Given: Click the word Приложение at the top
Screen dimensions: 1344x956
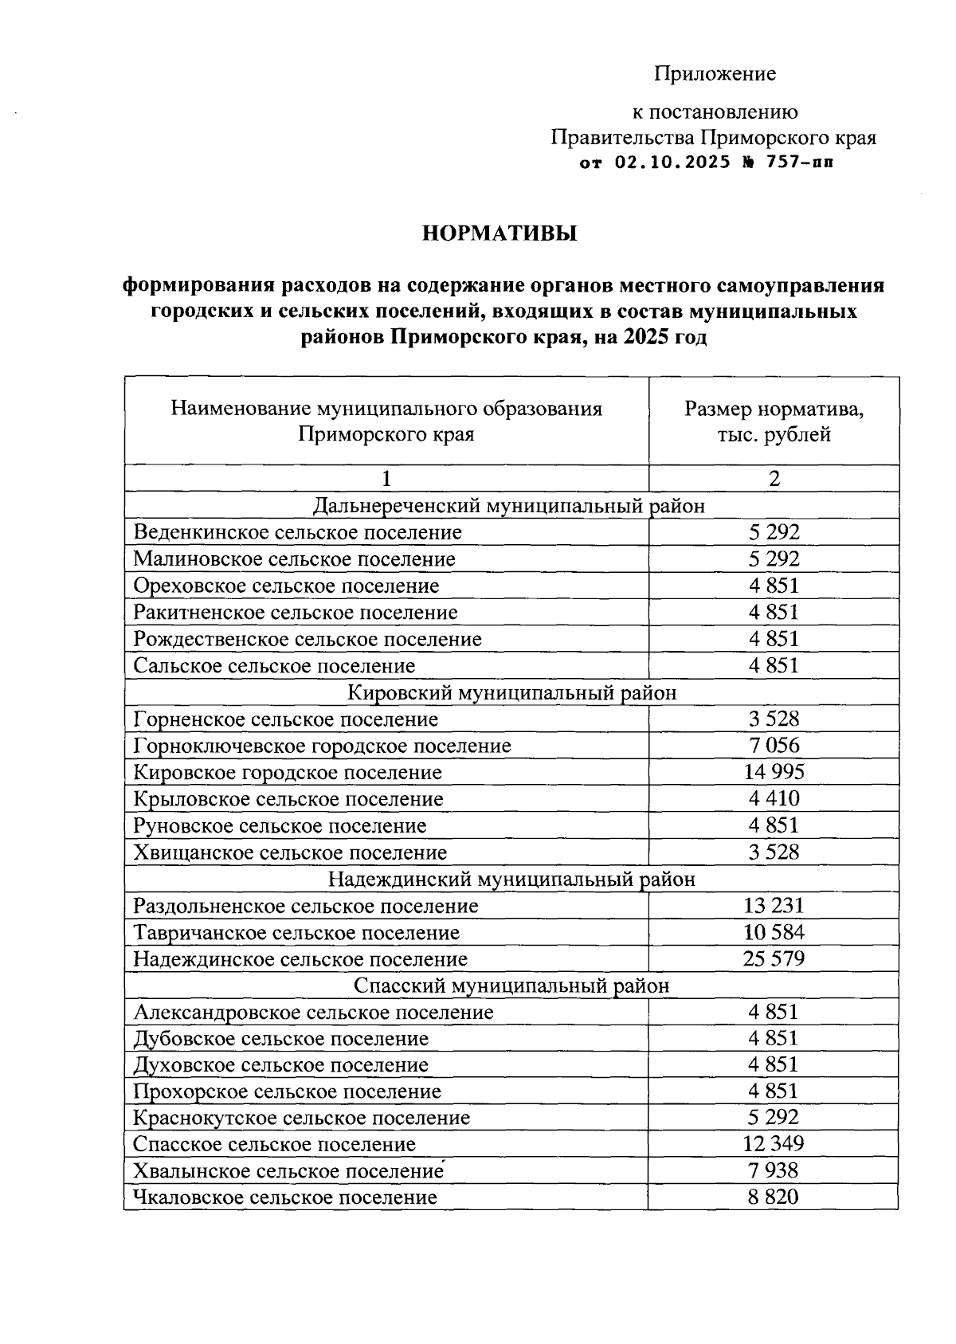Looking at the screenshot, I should pyautogui.click(x=715, y=74).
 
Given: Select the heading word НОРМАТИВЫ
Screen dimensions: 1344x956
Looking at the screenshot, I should pyautogui.click(x=499, y=234).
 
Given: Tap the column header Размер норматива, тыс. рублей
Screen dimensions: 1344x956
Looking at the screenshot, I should pyautogui.click(x=774, y=421).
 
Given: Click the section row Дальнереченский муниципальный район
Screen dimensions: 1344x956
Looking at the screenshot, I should pyautogui.click(x=510, y=506).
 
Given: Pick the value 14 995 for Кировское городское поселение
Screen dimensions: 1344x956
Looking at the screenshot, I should pyautogui.click(x=774, y=772).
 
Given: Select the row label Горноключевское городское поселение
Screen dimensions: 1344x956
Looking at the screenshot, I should pyautogui.click(x=322, y=746).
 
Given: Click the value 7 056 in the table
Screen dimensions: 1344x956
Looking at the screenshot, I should pyautogui.click(x=774, y=746).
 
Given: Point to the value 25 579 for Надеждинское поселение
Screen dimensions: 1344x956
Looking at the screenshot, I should pyautogui.click(x=774, y=958).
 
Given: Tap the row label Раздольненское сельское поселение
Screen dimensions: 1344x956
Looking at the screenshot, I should pyautogui.click(x=306, y=906).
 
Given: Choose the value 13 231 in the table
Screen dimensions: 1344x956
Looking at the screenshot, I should pyautogui.click(x=774, y=906).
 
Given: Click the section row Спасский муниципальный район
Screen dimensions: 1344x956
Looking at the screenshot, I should pyautogui.click(x=511, y=985).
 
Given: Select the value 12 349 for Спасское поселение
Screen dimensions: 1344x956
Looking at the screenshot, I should pyautogui.click(x=774, y=1144).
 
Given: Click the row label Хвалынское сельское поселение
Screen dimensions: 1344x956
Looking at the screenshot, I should pyautogui.click(x=288, y=1171).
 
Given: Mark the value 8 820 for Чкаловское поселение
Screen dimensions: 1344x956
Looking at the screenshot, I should pyautogui.click(x=774, y=1197).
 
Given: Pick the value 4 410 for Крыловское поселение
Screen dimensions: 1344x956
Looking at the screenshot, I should pyautogui.click(x=774, y=798).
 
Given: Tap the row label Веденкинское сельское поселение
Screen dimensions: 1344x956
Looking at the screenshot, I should pyautogui.click(x=297, y=532).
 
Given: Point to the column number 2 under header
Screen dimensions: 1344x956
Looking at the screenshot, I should pyautogui.click(x=774, y=478).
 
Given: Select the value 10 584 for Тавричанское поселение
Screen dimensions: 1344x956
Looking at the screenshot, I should pyautogui.click(x=774, y=932).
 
